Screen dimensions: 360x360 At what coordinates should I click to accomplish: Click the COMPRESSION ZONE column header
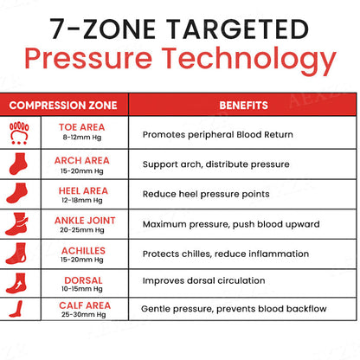coord(63,106)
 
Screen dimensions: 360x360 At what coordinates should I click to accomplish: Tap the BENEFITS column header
coord(243,106)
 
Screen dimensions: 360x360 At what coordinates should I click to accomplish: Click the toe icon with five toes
coord(19,133)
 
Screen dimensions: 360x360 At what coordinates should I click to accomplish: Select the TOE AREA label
coord(82,127)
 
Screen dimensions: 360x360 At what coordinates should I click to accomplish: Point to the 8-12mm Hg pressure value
coord(82,138)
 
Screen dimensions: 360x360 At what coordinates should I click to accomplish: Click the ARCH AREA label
coord(82,160)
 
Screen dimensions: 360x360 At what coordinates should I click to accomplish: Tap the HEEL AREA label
coord(83,190)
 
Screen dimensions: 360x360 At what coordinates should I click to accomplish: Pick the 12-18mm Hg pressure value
coord(82,200)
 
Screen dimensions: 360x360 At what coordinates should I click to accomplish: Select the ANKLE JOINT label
coord(85,221)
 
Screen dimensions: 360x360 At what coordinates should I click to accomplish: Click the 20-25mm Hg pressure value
coord(82,230)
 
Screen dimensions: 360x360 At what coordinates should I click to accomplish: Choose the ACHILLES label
coord(83,250)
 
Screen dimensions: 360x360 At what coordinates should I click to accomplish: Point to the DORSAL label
coord(83,280)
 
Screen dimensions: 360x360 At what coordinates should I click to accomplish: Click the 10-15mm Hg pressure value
coord(82,289)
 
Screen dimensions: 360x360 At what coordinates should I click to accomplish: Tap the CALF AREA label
coord(85,305)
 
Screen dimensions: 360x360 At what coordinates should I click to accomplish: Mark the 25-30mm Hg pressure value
coord(83,314)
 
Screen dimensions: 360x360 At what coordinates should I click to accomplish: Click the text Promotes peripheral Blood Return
coord(218,135)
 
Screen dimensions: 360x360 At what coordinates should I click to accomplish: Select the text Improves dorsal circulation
coord(203,280)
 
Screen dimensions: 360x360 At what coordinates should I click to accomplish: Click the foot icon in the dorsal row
coord(16,283)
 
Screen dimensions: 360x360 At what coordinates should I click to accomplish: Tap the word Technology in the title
coord(248,59)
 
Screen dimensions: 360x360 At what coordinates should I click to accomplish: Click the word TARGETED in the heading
coord(238,29)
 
